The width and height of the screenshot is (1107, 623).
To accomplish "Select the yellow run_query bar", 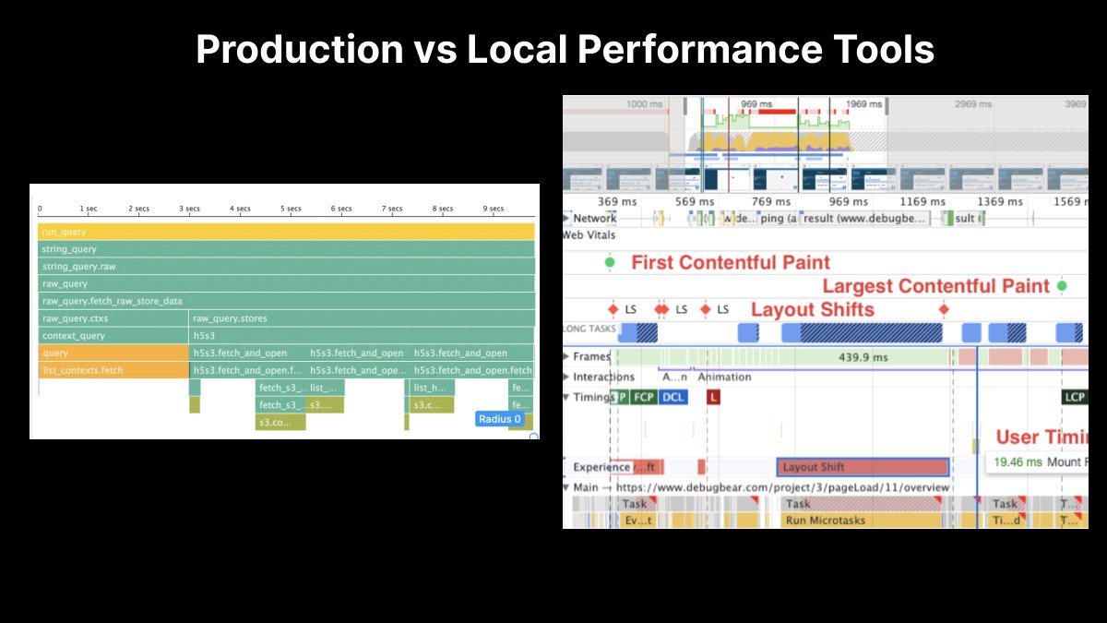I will (286, 232).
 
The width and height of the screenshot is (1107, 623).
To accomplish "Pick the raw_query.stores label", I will (230, 318).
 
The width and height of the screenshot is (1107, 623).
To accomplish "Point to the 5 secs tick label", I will (290, 210).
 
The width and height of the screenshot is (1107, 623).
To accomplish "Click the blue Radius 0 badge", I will (499, 419).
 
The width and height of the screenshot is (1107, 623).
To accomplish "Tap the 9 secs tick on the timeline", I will (493, 210).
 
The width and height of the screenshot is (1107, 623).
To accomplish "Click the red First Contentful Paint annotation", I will (730, 263).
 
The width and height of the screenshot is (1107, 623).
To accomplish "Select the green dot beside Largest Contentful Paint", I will (1062, 286).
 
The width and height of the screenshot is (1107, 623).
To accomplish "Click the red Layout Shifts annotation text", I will (812, 309).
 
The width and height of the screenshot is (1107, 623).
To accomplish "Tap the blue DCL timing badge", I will (673, 397).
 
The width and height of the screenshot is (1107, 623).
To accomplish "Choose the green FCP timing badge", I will (644, 397).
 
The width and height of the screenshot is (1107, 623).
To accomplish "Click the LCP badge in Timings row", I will (1075, 397).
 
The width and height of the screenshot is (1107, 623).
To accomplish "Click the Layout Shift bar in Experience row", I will (863, 467).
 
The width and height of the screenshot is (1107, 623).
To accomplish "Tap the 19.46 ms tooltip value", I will (1018, 461).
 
